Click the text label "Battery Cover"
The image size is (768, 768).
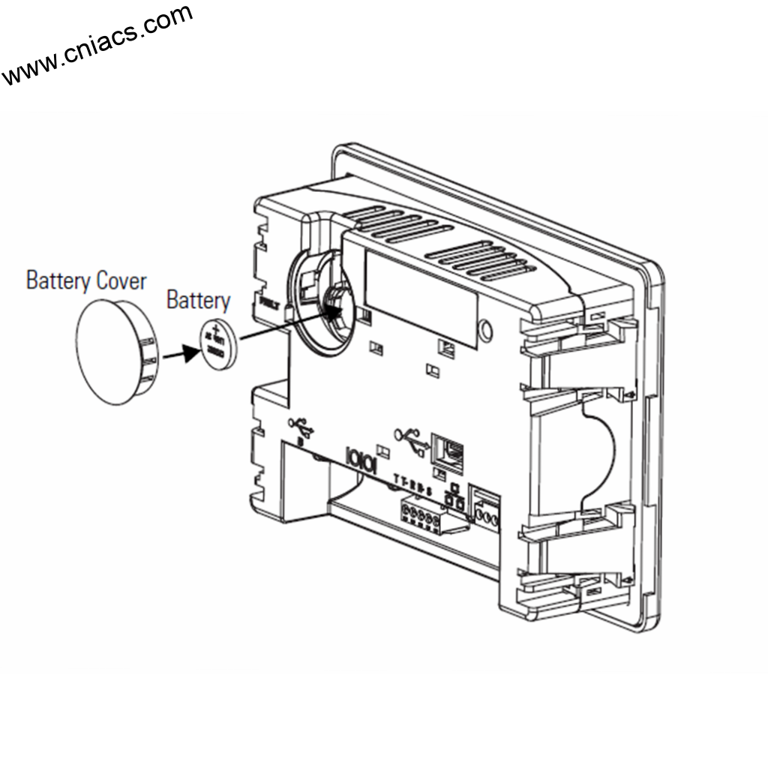tap(86, 281)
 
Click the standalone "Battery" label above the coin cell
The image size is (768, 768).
tap(198, 301)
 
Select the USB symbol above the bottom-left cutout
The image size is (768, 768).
tap(301, 428)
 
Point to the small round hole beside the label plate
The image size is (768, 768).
tap(486, 329)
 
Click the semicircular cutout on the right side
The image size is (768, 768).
tap(600, 450)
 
